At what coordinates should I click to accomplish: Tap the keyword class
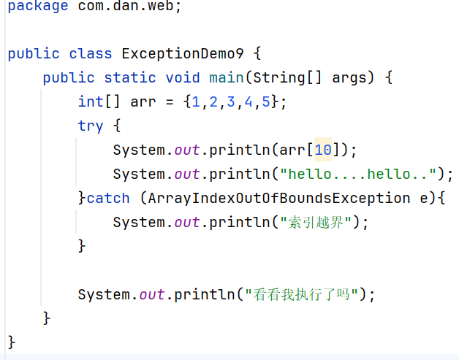91,53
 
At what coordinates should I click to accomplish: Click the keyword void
183,77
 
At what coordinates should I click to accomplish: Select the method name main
227,77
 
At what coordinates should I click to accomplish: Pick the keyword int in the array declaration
91,102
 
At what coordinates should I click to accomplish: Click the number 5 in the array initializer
266,102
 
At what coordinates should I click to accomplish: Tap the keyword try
91,126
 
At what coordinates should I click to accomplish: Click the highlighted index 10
323,150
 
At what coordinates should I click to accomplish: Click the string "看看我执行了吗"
304,294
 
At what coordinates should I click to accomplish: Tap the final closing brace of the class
12,342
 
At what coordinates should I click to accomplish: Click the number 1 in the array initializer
196,102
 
